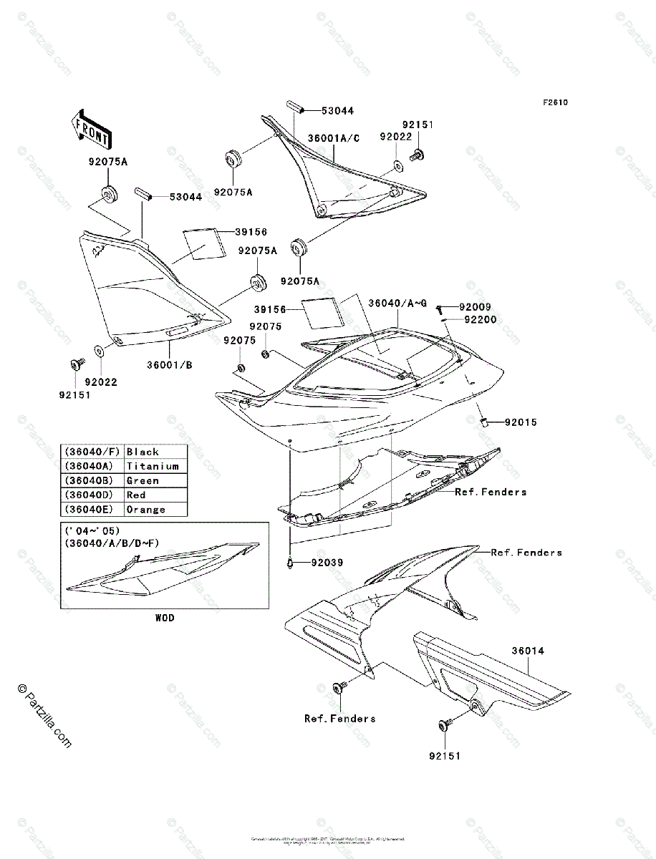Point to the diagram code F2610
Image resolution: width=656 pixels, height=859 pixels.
point(554,102)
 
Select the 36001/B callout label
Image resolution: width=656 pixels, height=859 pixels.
point(170,364)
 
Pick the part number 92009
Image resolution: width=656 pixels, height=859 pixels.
point(475,307)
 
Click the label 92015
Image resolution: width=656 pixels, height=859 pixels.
point(520,422)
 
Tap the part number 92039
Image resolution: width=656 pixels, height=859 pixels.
point(327,563)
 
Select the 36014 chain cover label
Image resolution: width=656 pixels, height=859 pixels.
point(528,651)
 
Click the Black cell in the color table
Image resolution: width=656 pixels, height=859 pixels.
point(143,452)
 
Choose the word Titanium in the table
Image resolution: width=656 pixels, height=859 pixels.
point(153,466)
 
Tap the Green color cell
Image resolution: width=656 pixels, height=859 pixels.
point(143,480)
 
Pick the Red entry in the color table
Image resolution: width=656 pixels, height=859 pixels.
point(136,495)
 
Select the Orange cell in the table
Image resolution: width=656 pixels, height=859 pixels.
point(145,510)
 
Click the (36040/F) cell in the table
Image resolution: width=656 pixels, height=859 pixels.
point(92,452)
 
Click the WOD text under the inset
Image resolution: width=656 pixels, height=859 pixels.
point(164,617)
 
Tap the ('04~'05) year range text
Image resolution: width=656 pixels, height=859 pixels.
point(92,530)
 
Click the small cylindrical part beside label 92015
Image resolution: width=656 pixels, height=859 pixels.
point(483,422)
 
